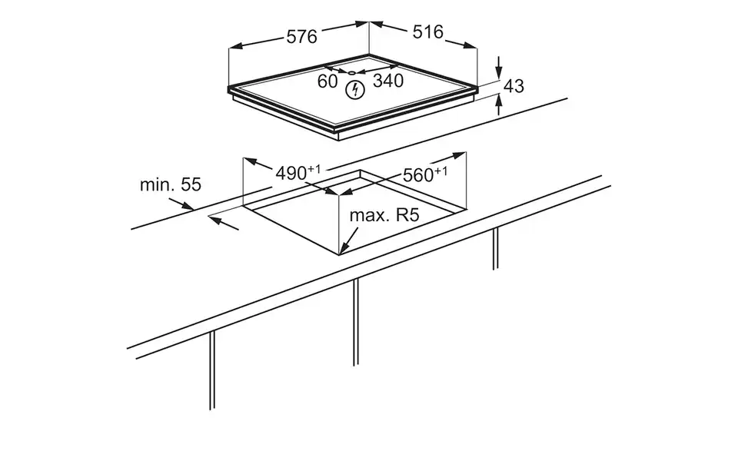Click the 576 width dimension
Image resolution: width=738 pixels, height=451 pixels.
point(302,37)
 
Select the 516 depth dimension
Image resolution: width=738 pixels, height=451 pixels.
point(428,32)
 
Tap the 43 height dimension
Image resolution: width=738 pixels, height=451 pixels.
point(514,86)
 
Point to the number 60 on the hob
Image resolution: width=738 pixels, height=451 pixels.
point(327,81)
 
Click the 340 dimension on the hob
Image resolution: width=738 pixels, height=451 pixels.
point(388,81)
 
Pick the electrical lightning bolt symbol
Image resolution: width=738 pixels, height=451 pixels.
point(354,91)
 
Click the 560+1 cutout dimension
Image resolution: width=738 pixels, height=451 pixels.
point(425,175)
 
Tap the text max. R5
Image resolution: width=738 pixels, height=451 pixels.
point(384,215)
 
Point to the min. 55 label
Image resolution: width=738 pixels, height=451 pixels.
point(170,184)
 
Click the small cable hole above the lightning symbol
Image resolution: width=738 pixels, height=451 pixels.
point(352,73)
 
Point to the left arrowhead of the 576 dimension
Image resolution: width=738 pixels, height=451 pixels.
point(234,48)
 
